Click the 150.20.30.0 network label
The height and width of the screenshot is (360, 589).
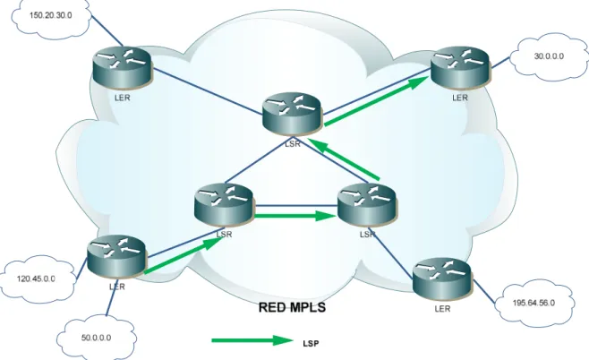51,15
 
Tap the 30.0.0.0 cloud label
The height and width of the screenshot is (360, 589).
549,56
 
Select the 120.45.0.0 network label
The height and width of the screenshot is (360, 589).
36,279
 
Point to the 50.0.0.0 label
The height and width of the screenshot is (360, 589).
96,338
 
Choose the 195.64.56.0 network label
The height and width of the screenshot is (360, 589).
534,303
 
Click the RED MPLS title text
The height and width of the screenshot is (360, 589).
292,307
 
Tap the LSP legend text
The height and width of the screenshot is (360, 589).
311,344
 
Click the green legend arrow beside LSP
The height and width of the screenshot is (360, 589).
252,340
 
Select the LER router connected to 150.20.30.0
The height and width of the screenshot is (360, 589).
123,68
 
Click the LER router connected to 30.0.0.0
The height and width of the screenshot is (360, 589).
460,68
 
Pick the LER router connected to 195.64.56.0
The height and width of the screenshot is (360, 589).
442,279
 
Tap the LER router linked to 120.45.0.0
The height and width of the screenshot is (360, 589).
116,257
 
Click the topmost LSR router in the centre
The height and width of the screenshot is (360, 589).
292,115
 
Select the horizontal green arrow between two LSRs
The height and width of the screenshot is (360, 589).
295,216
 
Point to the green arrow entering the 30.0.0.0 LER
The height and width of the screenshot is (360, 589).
377,100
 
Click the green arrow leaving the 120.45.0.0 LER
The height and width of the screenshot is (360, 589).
183,256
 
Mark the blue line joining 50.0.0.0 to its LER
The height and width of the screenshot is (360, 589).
112,297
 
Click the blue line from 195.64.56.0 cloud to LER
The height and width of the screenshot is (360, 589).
483,291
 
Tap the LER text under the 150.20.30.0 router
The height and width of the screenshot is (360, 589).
123,98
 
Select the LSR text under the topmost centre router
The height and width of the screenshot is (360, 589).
293,143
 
